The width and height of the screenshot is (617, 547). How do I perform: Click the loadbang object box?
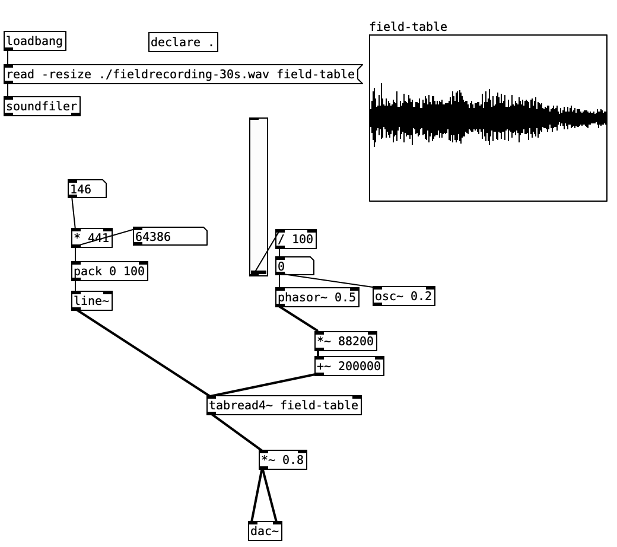point(34,42)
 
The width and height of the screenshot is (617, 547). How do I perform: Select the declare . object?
point(183,42)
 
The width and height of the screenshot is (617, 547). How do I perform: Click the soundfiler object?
point(42,106)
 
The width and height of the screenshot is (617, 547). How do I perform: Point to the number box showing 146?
point(87,189)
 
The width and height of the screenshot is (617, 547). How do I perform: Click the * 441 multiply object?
point(91,238)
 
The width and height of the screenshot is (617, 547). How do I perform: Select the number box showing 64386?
point(170,237)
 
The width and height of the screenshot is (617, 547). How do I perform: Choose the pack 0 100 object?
point(109,271)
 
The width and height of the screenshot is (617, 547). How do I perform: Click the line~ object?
point(91,301)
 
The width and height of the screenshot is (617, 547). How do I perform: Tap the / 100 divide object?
point(295,240)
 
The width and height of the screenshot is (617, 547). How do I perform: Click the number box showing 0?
point(294,266)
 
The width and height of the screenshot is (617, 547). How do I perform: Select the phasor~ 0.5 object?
point(317,297)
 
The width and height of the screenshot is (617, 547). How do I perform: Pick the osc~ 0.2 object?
point(403,296)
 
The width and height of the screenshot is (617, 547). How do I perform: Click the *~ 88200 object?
point(345,342)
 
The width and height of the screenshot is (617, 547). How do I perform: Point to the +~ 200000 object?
point(349,366)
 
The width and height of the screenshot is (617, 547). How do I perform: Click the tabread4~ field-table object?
point(284,405)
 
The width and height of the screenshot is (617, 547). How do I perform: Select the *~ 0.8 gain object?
point(283,460)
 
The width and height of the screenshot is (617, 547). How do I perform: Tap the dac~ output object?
point(265,531)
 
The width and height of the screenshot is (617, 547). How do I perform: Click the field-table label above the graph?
point(408,27)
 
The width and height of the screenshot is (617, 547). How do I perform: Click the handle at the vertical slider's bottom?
point(258,272)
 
